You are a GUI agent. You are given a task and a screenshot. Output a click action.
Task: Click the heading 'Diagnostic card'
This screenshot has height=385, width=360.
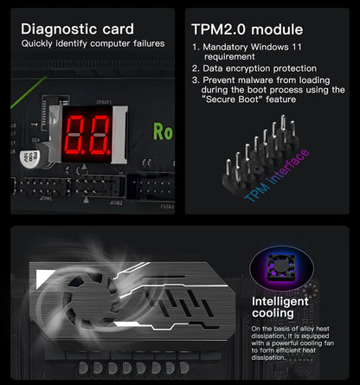coord(77,29)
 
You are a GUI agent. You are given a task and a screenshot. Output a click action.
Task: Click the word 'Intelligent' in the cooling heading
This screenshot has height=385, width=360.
coord(280,301)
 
